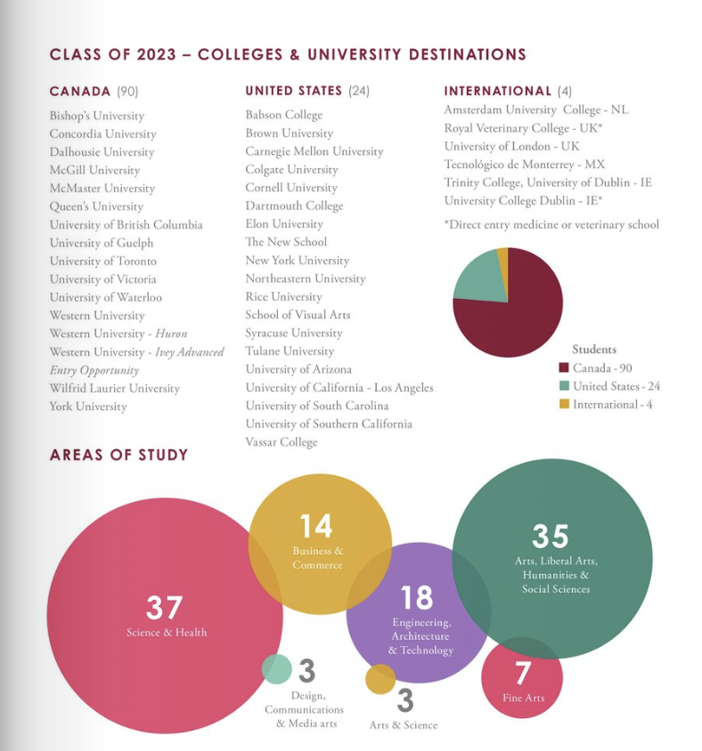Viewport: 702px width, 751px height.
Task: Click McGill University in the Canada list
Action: [x=94, y=170]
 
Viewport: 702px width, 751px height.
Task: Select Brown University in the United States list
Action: [x=290, y=133]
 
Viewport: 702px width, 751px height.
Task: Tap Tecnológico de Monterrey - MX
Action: [x=524, y=165]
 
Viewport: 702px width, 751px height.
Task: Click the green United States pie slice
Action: [x=479, y=277]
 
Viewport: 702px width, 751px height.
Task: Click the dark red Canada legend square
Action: [x=564, y=367]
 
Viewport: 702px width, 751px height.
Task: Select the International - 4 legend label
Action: [x=612, y=405]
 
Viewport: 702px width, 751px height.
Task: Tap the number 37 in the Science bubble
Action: [x=164, y=608]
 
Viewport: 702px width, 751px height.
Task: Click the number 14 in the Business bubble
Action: [x=316, y=527]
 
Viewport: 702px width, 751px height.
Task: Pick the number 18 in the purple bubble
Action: [x=417, y=598]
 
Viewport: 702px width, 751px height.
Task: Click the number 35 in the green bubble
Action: [x=550, y=536]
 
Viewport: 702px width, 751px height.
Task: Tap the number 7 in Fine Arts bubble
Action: [x=523, y=673]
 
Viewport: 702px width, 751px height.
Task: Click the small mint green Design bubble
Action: [x=277, y=669]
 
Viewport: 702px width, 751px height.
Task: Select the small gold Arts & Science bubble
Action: [x=380, y=679]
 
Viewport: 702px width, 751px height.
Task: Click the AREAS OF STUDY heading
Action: [x=118, y=455]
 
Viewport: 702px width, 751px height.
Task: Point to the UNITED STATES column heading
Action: [x=293, y=91]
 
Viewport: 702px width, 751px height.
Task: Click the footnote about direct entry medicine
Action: [x=551, y=224]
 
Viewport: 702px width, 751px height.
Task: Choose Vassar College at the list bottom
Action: [x=282, y=442]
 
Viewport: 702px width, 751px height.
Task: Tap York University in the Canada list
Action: [x=88, y=406]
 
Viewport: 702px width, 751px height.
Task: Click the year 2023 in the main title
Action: [x=156, y=54]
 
